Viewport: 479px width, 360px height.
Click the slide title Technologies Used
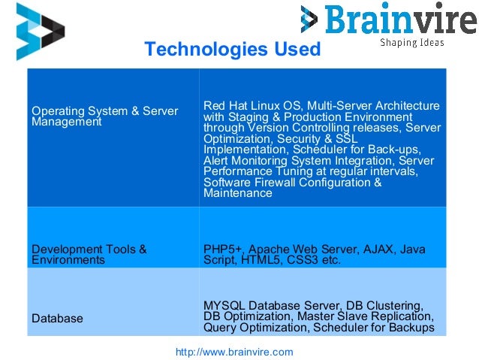232,50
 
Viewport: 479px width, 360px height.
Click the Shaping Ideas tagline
411,43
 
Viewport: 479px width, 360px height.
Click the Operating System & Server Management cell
104,116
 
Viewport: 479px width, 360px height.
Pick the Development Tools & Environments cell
89,254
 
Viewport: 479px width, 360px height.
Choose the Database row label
57,319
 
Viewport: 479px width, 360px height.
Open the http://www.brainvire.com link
233,351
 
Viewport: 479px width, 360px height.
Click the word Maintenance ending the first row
237,193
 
